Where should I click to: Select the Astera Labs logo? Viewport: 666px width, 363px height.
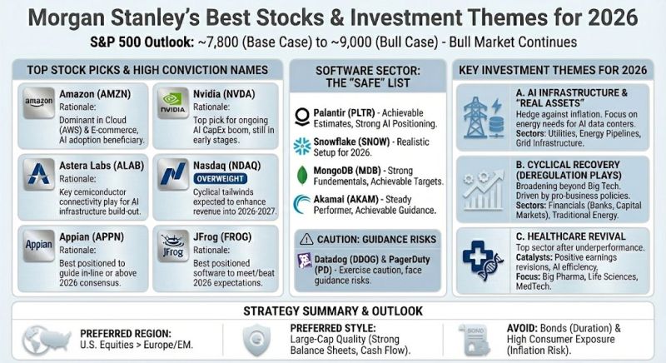click(39, 173)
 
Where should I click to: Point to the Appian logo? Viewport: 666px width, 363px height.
click(39, 246)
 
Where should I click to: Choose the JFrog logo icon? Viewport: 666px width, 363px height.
click(173, 246)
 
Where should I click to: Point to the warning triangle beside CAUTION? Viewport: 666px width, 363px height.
click(308, 239)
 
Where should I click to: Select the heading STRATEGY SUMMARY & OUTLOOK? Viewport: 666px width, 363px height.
click(333, 311)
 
